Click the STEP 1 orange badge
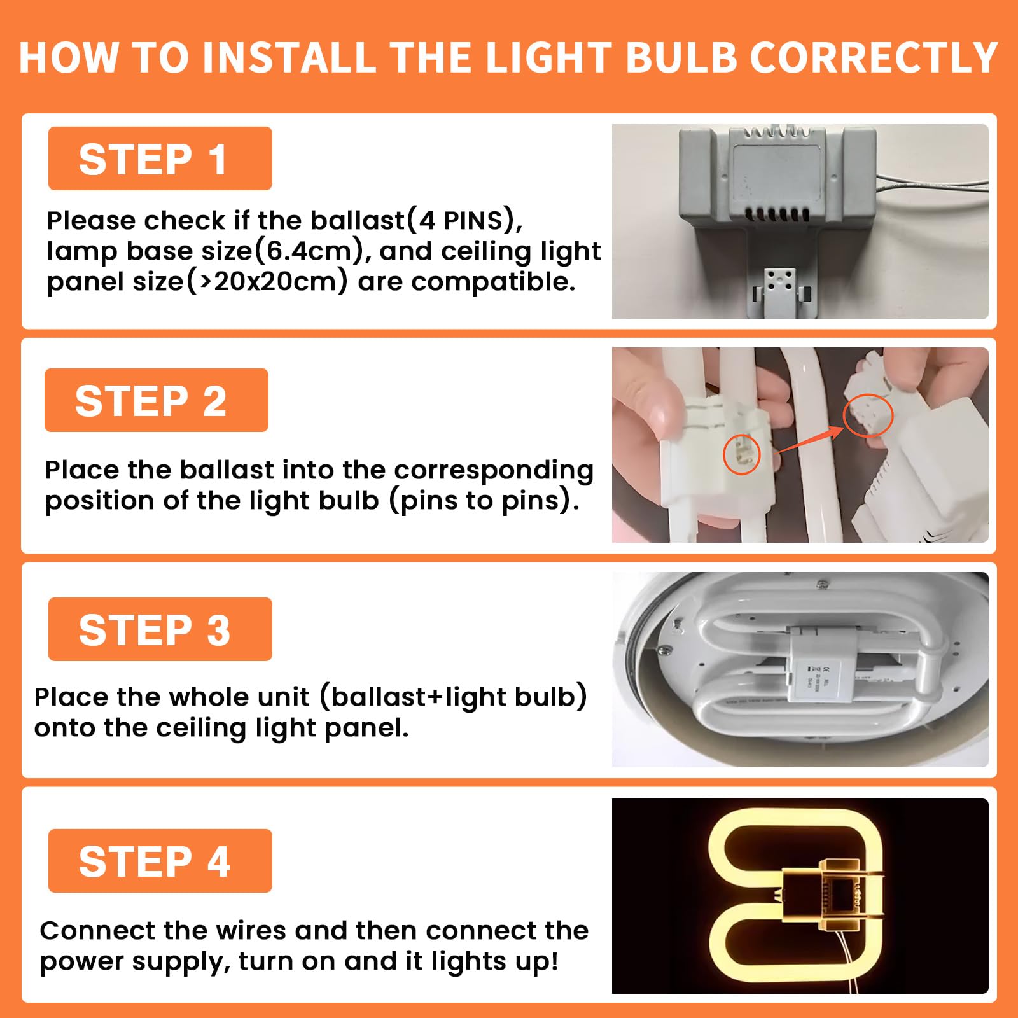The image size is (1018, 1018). point(160,158)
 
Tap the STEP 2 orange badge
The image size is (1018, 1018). point(156,400)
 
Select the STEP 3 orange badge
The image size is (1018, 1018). point(160,629)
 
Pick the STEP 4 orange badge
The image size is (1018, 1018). point(160,861)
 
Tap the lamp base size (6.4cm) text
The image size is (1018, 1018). point(209,251)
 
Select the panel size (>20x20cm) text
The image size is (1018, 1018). point(198,282)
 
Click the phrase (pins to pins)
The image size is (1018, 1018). point(484,501)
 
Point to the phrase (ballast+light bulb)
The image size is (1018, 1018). point(453,697)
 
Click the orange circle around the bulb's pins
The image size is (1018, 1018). point(742,455)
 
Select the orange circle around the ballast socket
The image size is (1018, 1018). point(868,415)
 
